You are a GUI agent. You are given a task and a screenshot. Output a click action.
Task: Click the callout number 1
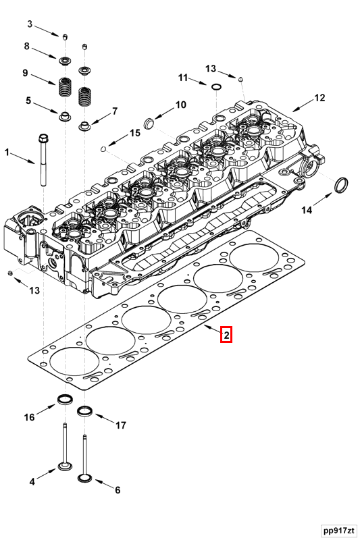[8, 153]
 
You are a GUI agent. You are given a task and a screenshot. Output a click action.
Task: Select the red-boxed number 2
[227, 334]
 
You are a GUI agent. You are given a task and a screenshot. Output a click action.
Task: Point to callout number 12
[319, 98]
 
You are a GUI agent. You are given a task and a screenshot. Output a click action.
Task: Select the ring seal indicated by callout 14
[343, 184]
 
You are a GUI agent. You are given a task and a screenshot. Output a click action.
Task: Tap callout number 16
[30, 417]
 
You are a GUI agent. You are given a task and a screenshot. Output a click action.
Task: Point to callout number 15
[135, 133]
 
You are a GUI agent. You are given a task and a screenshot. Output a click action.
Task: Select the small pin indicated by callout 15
[103, 148]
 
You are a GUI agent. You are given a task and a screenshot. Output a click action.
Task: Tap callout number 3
[30, 24]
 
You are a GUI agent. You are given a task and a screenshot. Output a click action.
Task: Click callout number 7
[115, 111]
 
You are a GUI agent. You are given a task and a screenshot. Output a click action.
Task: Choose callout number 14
[307, 211]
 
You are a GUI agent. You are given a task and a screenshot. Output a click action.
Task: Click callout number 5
[28, 101]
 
